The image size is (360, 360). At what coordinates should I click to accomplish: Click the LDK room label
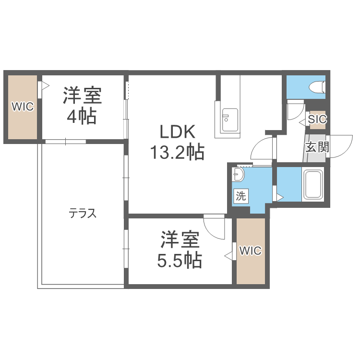177,132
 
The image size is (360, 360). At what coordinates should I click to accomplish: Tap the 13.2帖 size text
177,153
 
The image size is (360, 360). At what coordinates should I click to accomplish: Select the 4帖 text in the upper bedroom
82,117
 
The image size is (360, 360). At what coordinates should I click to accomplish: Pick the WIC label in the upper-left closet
23,107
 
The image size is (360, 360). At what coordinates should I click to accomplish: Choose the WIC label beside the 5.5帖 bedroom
250,251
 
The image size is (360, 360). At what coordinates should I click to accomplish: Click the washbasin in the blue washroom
239,175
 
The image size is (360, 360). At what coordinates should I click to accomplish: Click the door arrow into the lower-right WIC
229,256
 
